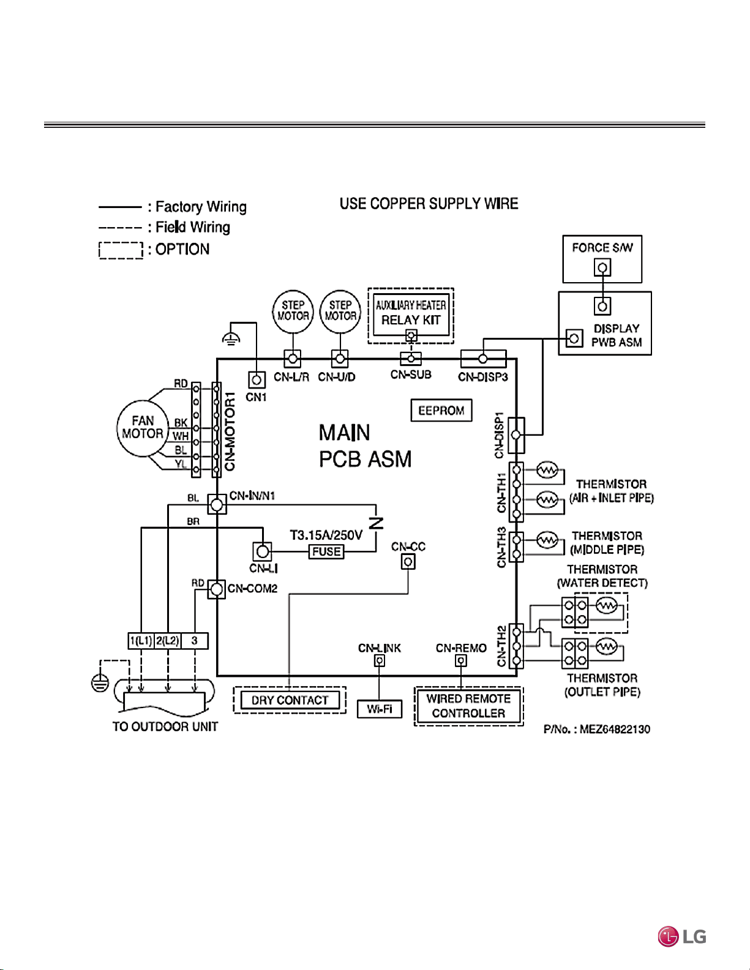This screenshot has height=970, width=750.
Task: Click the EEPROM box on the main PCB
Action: tap(441, 410)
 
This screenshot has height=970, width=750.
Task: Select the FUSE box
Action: tap(326, 551)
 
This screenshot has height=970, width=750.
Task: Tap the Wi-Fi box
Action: tap(380, 709)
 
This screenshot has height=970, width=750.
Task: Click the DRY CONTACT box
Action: tap(290, 700)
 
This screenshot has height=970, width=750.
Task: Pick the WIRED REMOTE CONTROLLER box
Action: tap(468, 706)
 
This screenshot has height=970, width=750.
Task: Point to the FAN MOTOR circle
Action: tap(143, 428)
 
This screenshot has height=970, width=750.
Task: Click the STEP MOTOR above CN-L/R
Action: tap(293, 311)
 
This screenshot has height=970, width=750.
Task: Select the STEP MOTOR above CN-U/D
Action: tap(340, 311)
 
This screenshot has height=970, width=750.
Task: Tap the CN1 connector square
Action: tap(257, 380)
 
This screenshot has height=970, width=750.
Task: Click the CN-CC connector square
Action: tap(408, 562)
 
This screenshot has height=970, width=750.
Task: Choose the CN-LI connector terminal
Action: tap(263, 552)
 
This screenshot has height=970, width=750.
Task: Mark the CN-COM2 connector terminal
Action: tap(217, 589)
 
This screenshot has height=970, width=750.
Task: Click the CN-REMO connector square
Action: tap(460, 661)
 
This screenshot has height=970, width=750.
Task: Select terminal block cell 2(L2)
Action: tap(168, 641)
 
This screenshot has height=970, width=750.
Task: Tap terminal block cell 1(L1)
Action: tap(141, 641)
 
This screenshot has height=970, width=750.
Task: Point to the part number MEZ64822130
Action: tap(615, 729)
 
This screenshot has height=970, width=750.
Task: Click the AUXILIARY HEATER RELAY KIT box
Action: tap(411, 315)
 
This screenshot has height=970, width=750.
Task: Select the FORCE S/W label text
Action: tap(602, 248)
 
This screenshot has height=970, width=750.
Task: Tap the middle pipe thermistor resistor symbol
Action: tap(547, 540)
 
